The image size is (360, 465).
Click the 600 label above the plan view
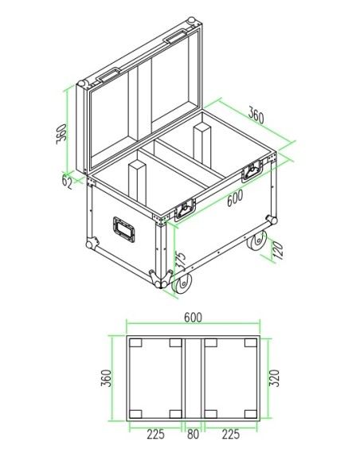click(193, 317)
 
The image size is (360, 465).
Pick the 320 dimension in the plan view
click(275, 377)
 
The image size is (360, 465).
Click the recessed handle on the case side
click(123, 230)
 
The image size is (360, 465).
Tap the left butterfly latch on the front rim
click(185, 209)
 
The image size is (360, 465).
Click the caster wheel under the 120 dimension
click(259, 243)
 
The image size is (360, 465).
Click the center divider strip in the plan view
click(194, 377)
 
